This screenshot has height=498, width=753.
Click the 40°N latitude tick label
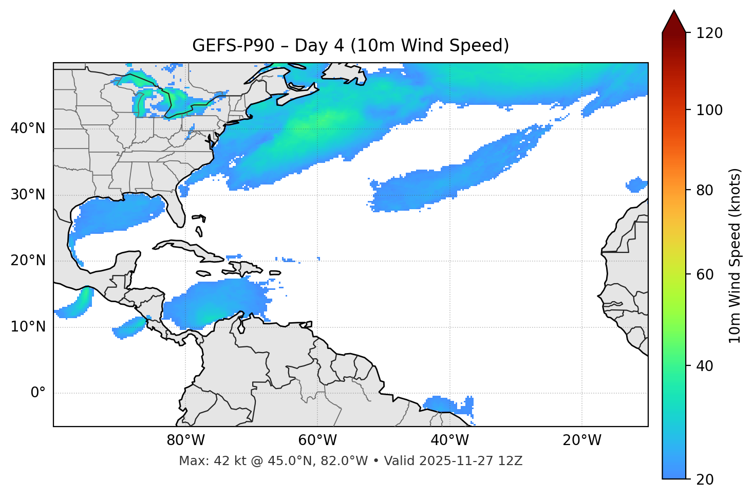28,128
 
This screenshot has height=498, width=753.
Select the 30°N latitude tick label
28,195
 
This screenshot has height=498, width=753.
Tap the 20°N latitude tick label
28,261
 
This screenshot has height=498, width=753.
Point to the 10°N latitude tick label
28,327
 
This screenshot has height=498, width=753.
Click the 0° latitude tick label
37,393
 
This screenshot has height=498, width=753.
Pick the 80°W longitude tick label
185,440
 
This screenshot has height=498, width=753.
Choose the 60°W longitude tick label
317,440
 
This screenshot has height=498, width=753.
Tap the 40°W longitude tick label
450,440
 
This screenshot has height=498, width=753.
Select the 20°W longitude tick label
582,440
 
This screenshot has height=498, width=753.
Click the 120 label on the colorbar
709,33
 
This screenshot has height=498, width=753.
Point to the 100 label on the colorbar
709,110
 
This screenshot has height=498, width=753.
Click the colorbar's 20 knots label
705,479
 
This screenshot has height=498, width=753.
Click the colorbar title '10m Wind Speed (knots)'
736,256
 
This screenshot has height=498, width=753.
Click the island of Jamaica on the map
203,273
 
